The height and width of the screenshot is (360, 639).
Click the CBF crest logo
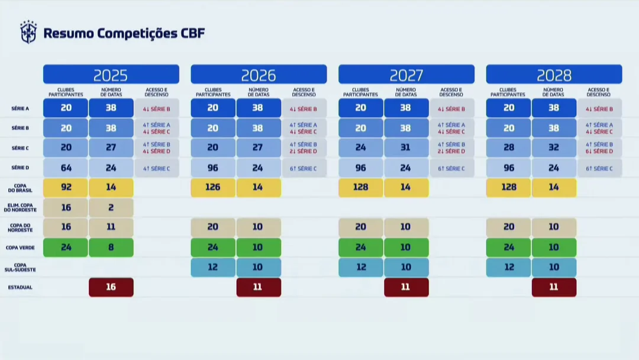pos(28,32)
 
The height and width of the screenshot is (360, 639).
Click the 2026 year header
pos(259,75)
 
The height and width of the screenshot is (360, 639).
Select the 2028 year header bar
pos(554,75)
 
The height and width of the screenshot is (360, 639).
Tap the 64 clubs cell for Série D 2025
pos(66,168)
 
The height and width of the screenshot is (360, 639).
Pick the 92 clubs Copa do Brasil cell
pos(66,187)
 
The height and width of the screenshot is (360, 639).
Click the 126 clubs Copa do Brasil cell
pos(213,187)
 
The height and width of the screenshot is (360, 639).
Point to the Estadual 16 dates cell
pos(111,287)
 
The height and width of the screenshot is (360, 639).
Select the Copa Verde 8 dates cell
pos(111,247)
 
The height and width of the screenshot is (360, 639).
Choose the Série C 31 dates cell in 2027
pos(406,147)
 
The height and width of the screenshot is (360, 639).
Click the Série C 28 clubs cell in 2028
pos(509,147)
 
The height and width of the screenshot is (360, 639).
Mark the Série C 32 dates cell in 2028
pos(554,147)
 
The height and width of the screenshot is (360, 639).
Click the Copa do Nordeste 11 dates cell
pos(111,227)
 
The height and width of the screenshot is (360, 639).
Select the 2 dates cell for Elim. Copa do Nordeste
pos(111,207)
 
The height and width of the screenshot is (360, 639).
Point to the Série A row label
pos(20,108)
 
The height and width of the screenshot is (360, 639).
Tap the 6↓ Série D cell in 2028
pos(599,152)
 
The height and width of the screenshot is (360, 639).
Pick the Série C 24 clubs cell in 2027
pos(361,147)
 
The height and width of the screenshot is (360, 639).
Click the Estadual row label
pos(20,287)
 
